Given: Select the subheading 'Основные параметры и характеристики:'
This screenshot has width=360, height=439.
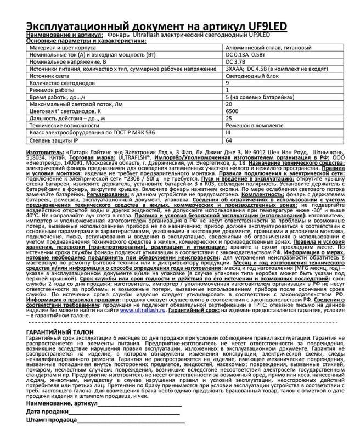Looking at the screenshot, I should pyautogui.click(x=80, y=41).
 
